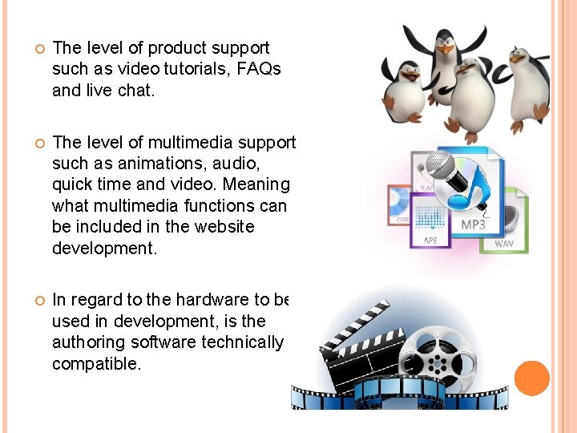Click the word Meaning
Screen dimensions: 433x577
[x=260, y=184]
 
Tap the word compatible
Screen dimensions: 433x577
[x=95, y=363]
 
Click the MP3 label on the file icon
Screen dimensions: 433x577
[x=473, y=225]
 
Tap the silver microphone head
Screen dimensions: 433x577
[x=439, y=165]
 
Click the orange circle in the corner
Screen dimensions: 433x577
[x=531, y=378]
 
